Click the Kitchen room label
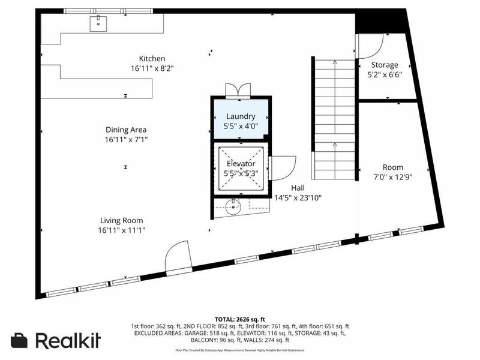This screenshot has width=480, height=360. tap(152, 58)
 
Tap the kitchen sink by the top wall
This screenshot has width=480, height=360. tap(98, 23)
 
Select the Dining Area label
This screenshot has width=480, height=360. tap(126, 130)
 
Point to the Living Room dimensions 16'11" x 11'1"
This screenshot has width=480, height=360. tap(122, 230)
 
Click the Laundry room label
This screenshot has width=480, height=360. tap(241, 116)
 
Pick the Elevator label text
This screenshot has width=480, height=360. tap(241, 164)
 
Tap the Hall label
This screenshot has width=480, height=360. tap(298, 188)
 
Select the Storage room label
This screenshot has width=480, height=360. tap(385, 65)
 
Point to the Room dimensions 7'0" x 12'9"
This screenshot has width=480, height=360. tap(393, 177)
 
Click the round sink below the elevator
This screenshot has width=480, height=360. tap(235, 208)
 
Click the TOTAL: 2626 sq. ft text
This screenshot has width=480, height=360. tap(239, 319)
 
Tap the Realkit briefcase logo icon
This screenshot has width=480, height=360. tap(19, 340)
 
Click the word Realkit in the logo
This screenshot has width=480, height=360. tap(67, 340)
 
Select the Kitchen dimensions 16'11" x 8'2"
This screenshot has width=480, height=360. tap(152, 68)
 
